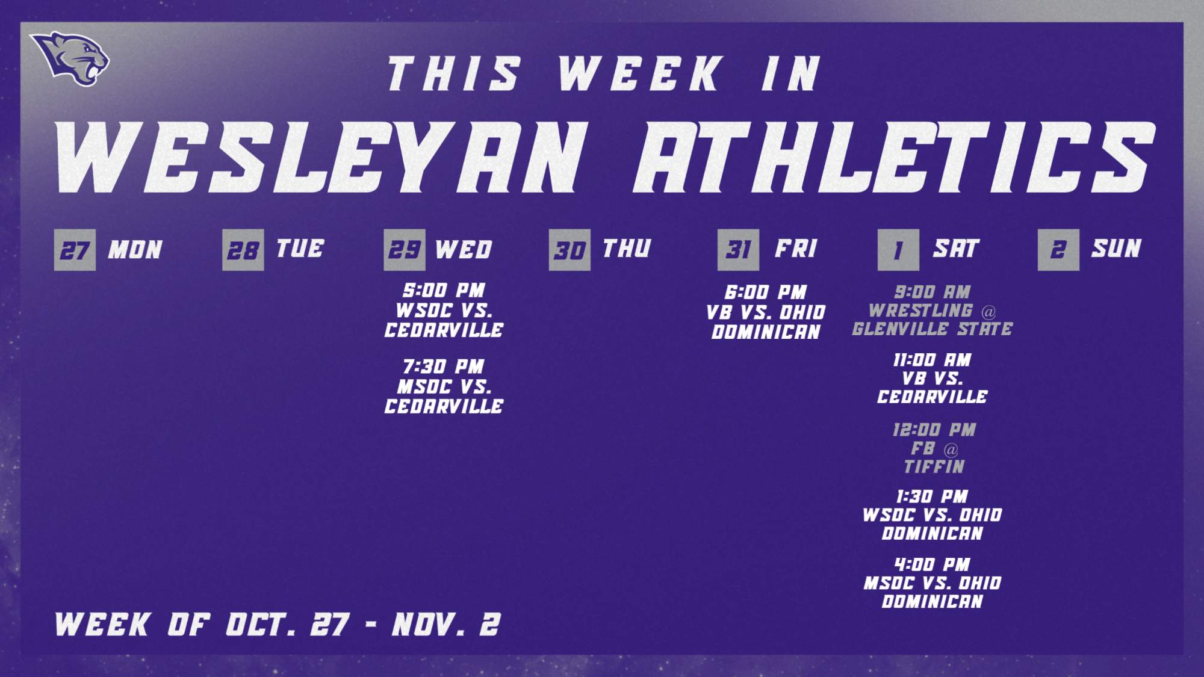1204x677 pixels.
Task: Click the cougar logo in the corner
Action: pos(70,58)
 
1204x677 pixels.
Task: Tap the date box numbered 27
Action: pos(75,250)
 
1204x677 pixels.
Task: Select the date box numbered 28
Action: pos(243,250)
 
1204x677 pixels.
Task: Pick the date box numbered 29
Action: pos(405,250)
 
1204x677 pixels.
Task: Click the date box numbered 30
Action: pos(569,250)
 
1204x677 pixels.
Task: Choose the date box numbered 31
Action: pos(738,250)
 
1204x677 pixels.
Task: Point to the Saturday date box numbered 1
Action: pos(898,250)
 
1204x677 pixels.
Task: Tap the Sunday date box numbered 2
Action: pos(1058,250)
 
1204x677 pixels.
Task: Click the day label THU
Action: pos(627,249)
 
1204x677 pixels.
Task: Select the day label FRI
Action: pos(796,249)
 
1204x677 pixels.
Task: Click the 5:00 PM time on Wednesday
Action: pos(444,291)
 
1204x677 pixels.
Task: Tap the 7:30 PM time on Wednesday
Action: pos(444,366)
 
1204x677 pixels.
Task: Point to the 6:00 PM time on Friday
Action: pos(765,292)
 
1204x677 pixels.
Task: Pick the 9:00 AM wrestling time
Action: pos(932,292)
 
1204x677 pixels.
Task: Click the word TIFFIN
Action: pos(934,467)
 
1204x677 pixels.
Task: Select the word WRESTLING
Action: pos(920,311)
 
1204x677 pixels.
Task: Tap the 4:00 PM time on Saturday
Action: pos(932,565)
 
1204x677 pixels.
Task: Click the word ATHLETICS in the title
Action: pos(894,157)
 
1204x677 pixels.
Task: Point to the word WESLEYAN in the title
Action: pos(321,157)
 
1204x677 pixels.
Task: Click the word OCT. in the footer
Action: pos(261,625)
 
